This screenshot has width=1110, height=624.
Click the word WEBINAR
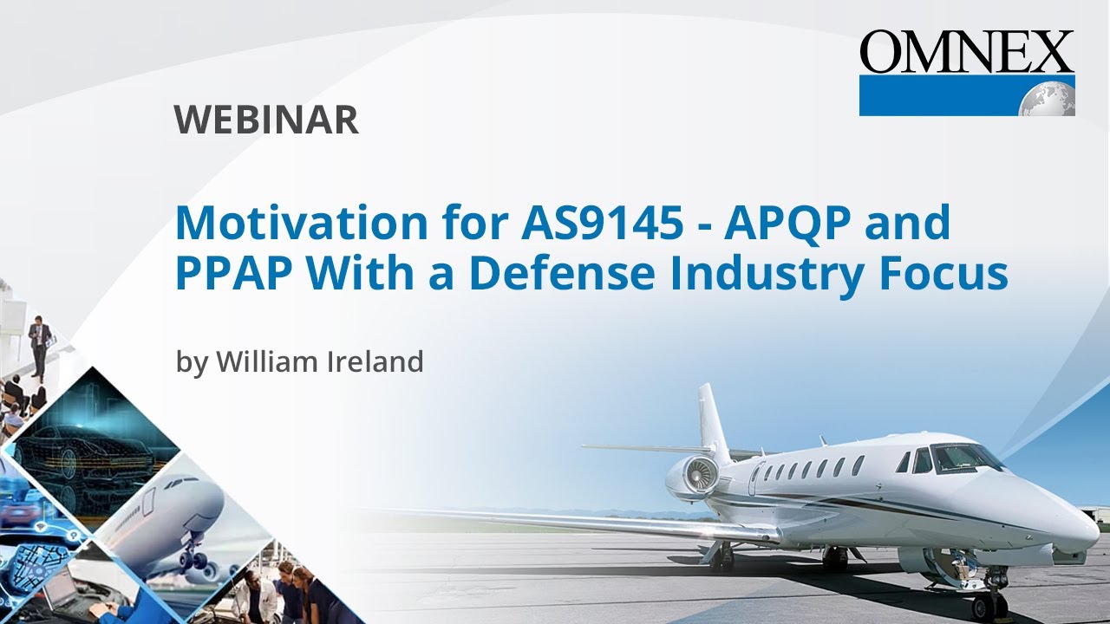coord(266,120)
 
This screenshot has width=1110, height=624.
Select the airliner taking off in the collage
coord(178,520)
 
